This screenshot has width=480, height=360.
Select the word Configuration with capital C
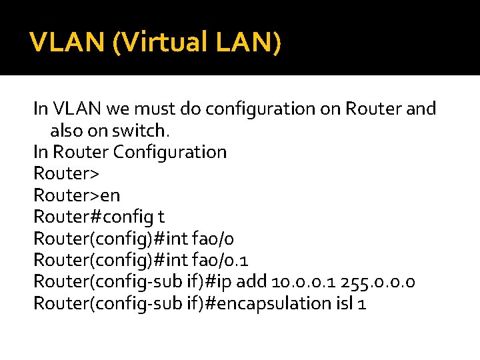(x=170, y=152)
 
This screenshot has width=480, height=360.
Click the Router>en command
(x=77, y=195)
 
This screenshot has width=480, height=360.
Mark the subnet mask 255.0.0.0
(x=381, y=282)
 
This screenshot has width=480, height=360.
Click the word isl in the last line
(x=341, y=304)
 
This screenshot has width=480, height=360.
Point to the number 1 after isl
(x=362, y=304)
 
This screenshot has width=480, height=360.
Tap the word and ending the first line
(x=421, y=108)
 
